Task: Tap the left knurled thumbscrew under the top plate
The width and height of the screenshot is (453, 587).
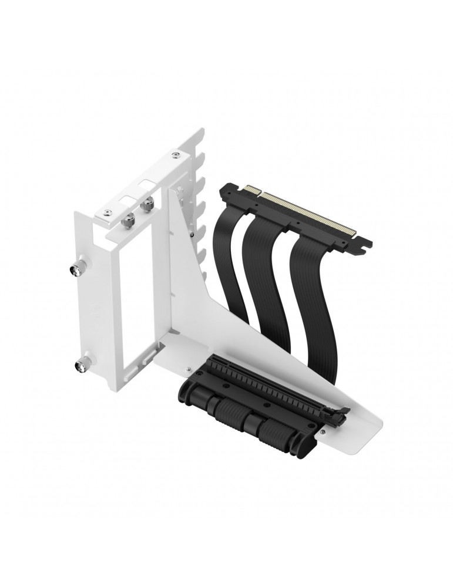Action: (128, 221)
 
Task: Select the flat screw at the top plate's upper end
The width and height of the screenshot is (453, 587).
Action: (175, 155)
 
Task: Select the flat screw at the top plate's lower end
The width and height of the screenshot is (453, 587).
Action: (106, 211)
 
